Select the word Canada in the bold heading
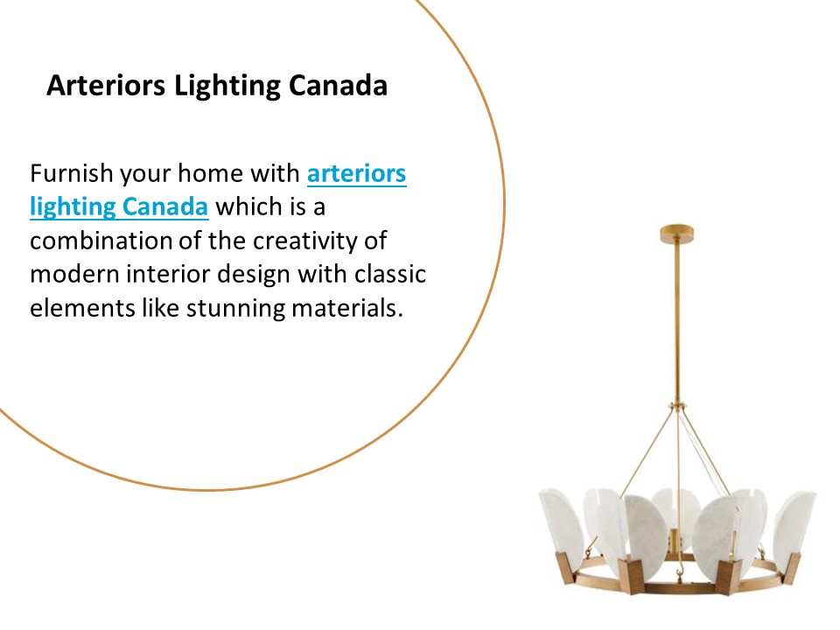pos(338,87)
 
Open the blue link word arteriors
pos(356,173)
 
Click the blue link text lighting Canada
pos(119,207)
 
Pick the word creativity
pos(334,241)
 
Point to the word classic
pos(389,276)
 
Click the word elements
pos(75,310)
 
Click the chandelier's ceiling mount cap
pos(677,234)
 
